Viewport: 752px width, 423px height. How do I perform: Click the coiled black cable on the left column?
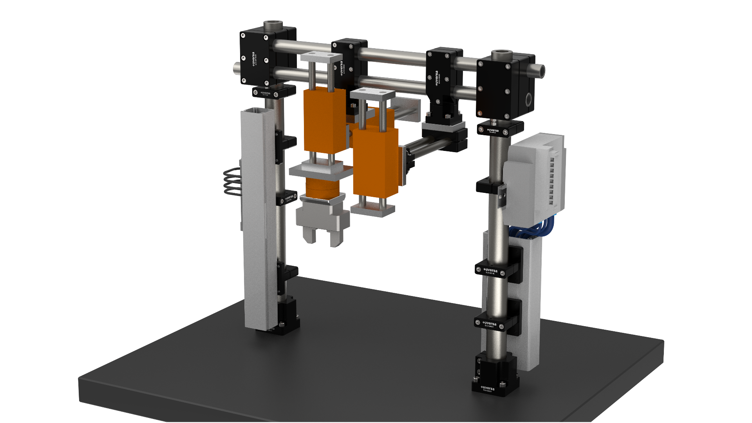pyautogui.click(x=231, y=181)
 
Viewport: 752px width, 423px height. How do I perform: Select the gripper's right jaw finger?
pyautogui.click(x=336, y=239)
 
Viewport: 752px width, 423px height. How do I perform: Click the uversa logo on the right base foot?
pyautogui.click(x=488, y=388)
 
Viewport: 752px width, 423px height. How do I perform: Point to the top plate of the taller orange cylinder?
pyautogui.click(x=322, y=57)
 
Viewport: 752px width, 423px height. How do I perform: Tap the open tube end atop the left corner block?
pyautogui.click(x=273, y=25)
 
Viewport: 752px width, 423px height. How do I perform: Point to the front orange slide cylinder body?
pyautogui.click(x=375, y=163)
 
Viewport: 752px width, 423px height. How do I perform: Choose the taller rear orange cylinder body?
pyautogui.click(x=324, y=120)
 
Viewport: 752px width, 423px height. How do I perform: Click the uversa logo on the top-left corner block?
pyautogui.click(x=254, y=59)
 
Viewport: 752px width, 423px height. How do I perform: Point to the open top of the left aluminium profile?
pyautogui.click(x=257, y=112)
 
